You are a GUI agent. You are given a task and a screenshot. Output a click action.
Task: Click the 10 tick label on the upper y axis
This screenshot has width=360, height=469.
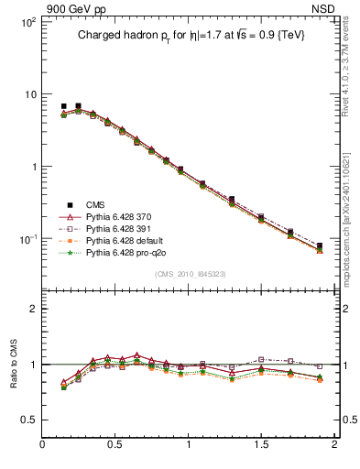(x=29, y=94)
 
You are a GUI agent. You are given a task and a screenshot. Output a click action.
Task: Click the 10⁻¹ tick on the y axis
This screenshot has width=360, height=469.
(x=27, y=239)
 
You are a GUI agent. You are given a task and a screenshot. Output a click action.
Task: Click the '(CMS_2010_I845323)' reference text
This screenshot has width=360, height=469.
(x=191, y=274)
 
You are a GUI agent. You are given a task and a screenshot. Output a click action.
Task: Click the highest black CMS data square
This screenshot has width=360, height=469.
(x=78, y=106)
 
